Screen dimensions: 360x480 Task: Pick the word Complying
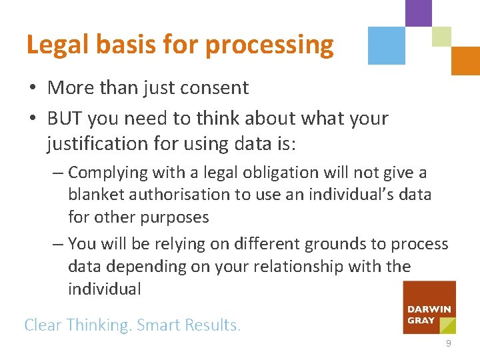tap(108, 173)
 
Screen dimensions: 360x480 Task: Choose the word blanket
tap(93, 195)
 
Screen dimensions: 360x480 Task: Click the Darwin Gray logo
tap(429, 307)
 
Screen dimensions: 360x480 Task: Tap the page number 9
tap(449, 343)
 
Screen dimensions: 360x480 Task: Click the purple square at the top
tap(419, 12)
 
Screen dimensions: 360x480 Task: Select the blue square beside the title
tap(387, 45)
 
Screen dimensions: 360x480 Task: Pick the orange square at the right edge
tap(465, 61)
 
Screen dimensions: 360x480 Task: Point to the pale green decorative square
tap(441, 37)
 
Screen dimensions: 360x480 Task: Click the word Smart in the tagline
tap(160, 325)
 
